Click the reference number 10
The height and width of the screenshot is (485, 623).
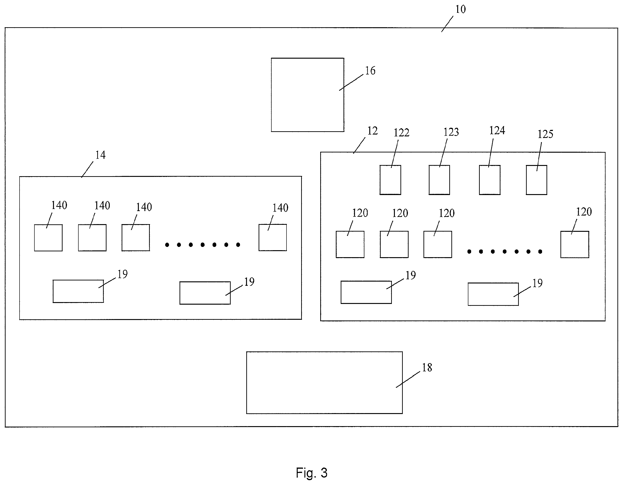pos(460,9)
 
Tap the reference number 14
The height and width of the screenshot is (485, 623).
pos(100,155)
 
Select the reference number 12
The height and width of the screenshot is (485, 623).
pos(372,131)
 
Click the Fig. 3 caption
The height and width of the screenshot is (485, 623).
pos(312,473)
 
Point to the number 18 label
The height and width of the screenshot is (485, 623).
pos(427,367)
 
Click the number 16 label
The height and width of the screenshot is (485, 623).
pos(370,71)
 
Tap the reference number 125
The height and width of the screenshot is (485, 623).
pos(545,134)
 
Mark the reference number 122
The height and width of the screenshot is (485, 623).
pos(401,133)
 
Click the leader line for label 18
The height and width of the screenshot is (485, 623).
pos(408,379)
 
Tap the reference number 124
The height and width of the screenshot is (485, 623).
pos(497,131)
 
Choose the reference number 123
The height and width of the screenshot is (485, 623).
pos(451,132)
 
